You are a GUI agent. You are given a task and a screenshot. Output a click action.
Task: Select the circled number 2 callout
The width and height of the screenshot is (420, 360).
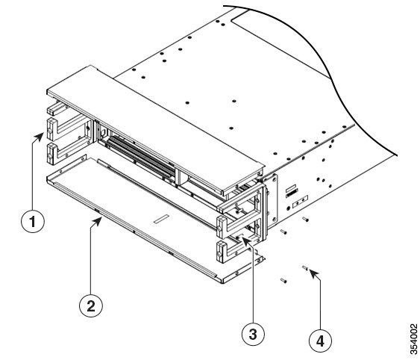click(90, 304)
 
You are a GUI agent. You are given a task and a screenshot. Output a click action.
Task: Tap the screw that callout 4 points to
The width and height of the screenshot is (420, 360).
click(306, 267)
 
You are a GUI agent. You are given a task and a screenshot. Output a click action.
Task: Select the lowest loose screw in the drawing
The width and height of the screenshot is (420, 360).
click(283, 281)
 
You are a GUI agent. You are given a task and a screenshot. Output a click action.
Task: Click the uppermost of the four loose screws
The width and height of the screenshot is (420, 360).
click(305, 219)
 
